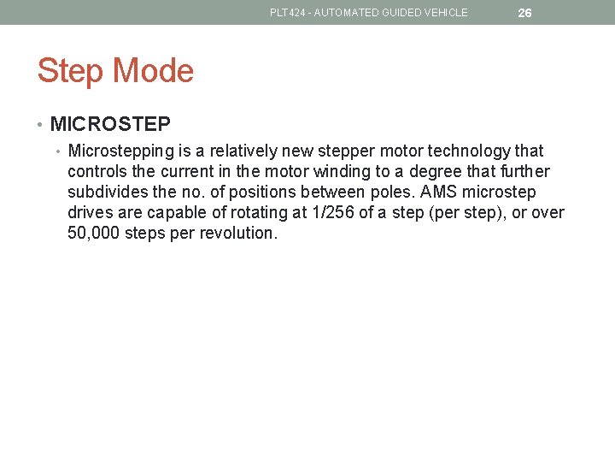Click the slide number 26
pos(524,13)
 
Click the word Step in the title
pos(69,71)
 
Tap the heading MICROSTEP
pos(110,124)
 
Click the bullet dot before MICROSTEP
pos(41,125)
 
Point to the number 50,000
pos(93,234)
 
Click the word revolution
pos(238,234)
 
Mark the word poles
pos(392,192)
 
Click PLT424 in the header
pos(287,13)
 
